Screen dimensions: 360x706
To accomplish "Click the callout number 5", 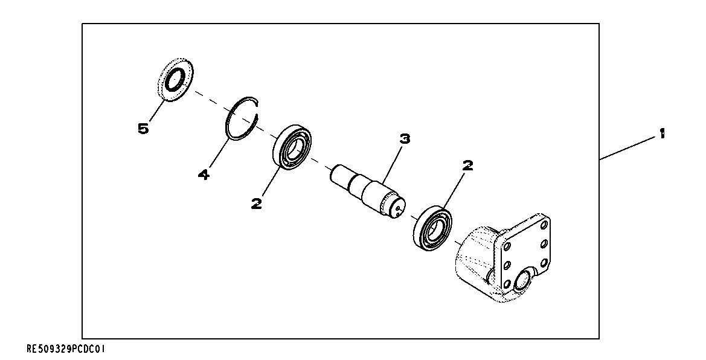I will tap(143, 129).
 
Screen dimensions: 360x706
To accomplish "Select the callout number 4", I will tap(204, 175).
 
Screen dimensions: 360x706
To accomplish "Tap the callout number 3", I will tap(404, 139).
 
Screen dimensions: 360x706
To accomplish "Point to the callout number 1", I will tap(662, 133).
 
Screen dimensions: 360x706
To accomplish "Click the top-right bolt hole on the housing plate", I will tap(545, 224).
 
